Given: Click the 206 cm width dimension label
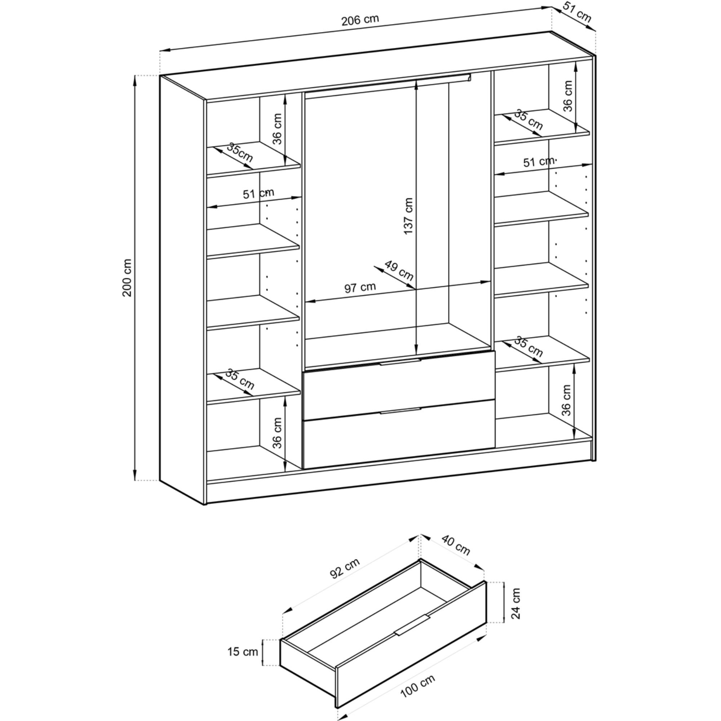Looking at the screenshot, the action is (360, 20).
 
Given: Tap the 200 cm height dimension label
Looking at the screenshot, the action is (127, 278).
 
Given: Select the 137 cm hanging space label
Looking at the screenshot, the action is (409, 216).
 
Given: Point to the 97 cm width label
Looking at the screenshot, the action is (360, 287).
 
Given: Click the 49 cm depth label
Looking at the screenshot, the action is (399, 271).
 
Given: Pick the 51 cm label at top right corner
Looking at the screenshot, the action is (577, 14).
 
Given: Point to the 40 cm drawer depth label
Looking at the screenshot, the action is (456, 545).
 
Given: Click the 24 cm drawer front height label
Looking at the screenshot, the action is (516, 609).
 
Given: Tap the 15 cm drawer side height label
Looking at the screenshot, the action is (243, 651).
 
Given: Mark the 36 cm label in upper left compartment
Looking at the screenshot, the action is (277, 129).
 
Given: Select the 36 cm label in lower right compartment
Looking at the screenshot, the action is (566, 400).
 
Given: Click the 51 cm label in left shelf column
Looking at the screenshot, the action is (258, 193).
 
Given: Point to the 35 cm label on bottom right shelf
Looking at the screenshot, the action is (528, 346).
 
